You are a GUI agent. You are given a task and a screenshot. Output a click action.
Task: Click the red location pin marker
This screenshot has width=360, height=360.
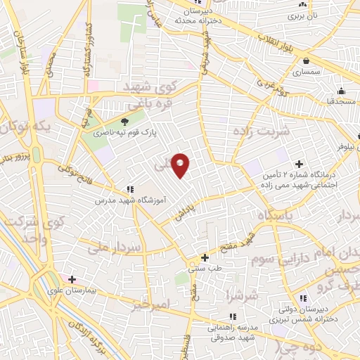(x=181, y=165)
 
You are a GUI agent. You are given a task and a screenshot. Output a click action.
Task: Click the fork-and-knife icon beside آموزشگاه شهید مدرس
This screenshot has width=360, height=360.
(x=130, y=189)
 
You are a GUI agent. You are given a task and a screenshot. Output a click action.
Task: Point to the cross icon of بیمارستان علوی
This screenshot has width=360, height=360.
(x=72, y=279)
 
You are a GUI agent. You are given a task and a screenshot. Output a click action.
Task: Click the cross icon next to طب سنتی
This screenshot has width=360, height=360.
(x=205, y=257)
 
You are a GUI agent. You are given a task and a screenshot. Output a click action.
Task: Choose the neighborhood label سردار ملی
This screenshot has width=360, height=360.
(x=117, y=247)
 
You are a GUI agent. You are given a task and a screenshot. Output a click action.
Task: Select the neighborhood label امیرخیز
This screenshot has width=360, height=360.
(x=151, y=304)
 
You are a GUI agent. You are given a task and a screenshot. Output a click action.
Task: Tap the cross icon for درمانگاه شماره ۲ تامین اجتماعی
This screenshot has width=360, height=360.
(x=300, y=164)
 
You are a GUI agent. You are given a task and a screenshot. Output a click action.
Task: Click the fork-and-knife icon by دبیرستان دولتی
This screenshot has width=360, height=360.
(x=303, y=298)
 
